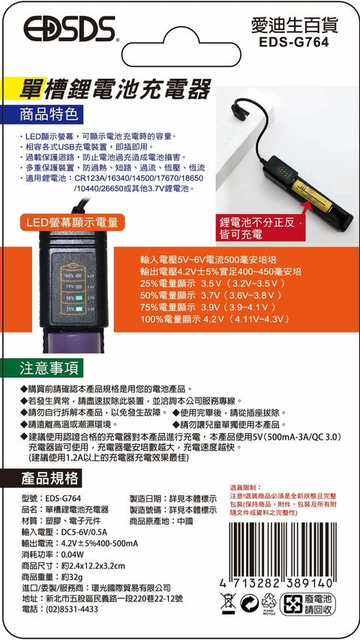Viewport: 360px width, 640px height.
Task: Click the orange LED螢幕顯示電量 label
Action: coord(72,222)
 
